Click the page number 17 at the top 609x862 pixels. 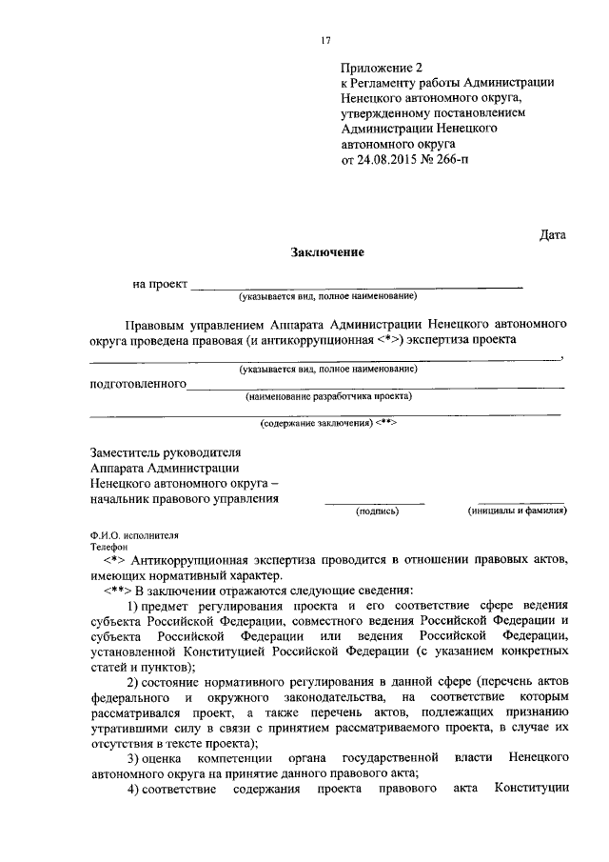325,41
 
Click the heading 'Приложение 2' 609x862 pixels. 380,68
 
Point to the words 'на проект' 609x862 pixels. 160,284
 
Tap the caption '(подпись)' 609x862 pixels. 377,511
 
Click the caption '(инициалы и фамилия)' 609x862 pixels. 518,511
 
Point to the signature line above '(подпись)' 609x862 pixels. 375,501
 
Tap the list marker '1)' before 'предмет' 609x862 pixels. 135,606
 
